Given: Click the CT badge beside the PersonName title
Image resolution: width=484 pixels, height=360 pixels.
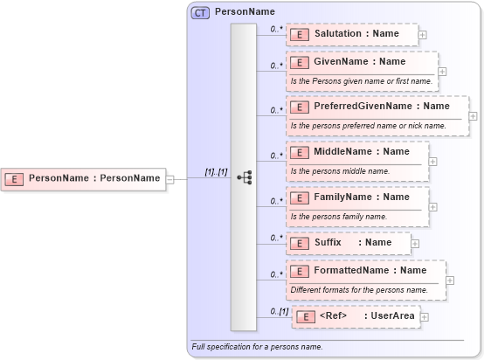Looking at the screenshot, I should [201, 12].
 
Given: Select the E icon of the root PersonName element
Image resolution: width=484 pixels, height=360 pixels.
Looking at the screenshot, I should [15, 178].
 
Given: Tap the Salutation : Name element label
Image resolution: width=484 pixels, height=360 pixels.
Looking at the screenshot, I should [356, 33].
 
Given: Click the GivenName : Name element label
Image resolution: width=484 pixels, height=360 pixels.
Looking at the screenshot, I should [359, 62].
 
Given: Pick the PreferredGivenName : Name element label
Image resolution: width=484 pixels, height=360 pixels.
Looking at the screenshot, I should [381, 107].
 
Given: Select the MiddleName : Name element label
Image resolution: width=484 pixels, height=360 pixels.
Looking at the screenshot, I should [362, 152].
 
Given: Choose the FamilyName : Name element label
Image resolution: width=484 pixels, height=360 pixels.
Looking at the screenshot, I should [362, 197].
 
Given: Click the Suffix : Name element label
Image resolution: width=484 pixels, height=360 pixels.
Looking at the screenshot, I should [353, 242].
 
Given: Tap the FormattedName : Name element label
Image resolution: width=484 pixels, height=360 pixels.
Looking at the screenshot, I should [370, 271].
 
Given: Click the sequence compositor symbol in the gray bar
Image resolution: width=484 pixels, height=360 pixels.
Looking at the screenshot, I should [244, 177].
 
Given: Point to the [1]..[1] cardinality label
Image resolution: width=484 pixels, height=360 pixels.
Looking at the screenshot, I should [215, 173].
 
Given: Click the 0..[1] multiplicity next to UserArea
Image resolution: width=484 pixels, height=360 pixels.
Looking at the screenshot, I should [279, 311].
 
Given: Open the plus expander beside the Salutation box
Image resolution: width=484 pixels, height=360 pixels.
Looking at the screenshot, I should [423, 34].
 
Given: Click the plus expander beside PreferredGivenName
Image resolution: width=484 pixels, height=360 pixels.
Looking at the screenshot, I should [473, 115].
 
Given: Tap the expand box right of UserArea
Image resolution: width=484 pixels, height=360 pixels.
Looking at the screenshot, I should [424, 316].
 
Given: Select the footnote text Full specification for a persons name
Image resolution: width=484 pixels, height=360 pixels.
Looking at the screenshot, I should [257, 347].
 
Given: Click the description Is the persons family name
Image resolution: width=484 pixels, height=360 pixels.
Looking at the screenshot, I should [338, 216].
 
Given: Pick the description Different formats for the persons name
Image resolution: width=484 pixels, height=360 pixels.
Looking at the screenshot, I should [359, 289].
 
